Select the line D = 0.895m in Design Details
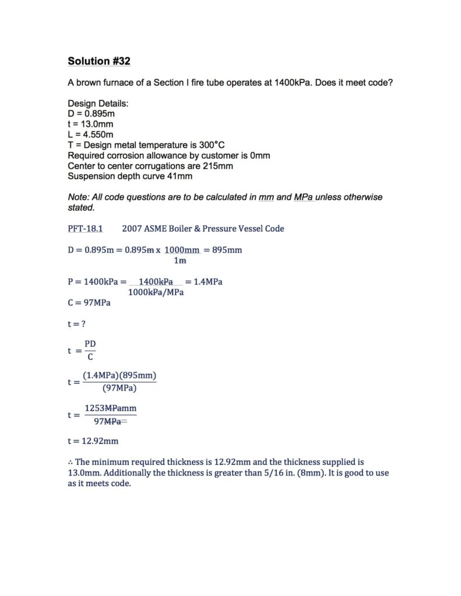[x=92, y=113]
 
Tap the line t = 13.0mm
[x=90, y=124]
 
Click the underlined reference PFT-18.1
[x=85, y=229]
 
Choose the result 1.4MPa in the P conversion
[x=207, y=282]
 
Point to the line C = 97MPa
[x=89, y=303]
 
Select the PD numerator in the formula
[x=90, y=345]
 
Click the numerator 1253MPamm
[x=110, y=409]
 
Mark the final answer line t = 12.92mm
[x=93, y=441]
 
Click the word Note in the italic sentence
[x=78, y=197]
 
